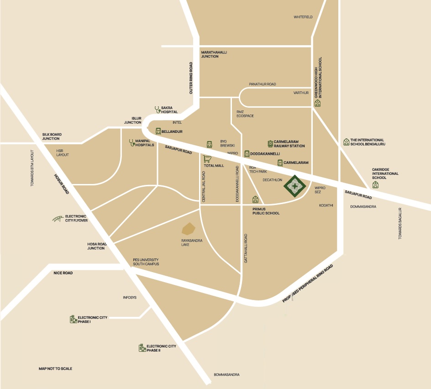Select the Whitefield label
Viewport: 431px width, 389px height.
tap(303, 17)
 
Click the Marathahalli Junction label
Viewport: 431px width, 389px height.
tap(214, 54)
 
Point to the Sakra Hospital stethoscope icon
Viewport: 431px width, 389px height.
tap(157, 110)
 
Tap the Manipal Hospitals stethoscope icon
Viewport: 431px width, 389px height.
tap(132, 142)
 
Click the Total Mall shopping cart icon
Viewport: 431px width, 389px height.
tap(207, 159)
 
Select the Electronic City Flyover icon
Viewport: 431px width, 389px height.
tap(58, 218)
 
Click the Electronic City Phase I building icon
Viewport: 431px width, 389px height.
tap(73, 319)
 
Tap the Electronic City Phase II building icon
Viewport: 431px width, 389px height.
tap(142, 348)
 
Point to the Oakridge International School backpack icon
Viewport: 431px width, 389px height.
tap(375, 185)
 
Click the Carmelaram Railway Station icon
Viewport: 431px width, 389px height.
tap(270, 144)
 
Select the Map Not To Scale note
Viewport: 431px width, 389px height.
tap(55, 368)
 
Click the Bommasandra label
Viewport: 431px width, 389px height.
tap(226, 375)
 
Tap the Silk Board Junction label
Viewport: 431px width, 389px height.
tap(52, 137)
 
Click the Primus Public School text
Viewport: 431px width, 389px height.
tap(266, 211)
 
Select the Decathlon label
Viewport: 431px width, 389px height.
tap(273, 180)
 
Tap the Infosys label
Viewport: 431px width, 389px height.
tap(130, 297)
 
